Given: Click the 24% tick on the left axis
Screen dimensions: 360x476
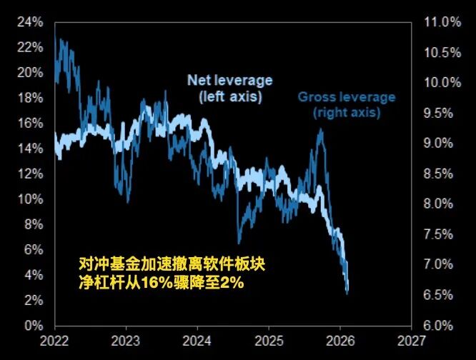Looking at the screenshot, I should (x=28, y=22).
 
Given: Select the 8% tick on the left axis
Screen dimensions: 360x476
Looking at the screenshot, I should (x=31, y=224).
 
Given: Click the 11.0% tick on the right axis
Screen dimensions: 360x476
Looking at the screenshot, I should (x=442, y=22).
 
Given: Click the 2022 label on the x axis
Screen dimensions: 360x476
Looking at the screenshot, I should (x=56, y=339).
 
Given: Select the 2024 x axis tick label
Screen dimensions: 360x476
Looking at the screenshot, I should (x=197, y=339).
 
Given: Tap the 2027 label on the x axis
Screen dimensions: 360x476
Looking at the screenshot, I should (x=410, y=339).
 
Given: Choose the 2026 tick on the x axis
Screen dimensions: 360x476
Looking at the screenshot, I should (x=339, y=339).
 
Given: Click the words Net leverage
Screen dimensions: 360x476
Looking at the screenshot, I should (x=229, y=80).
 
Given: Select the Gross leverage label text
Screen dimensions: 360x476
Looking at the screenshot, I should (x=347, y=97).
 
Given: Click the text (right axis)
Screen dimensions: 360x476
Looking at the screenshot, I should (x=347, y=112).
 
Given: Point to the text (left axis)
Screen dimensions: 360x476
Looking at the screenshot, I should (x=229, y=95).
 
